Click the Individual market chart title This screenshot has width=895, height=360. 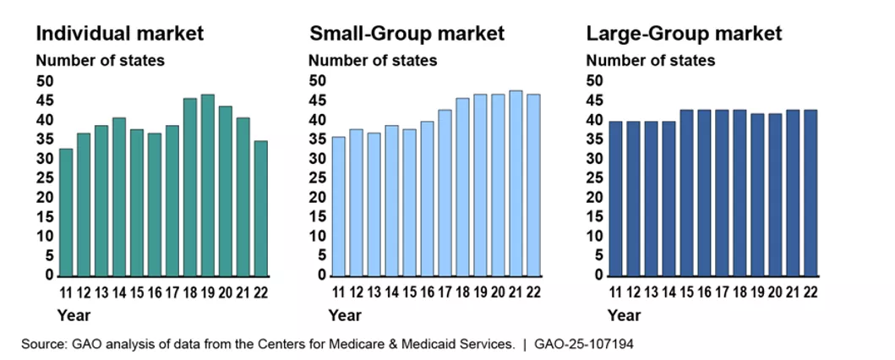119,34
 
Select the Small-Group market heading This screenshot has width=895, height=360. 407,34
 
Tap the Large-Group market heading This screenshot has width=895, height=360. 685,34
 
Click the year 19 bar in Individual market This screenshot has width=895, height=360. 207,185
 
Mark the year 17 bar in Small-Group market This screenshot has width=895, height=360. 445,193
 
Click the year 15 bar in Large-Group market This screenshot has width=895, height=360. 687,193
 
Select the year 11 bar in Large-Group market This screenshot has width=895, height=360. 616,199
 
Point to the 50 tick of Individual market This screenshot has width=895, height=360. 44,81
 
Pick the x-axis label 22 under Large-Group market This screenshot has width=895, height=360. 811,292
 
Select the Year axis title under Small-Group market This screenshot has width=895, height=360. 345,316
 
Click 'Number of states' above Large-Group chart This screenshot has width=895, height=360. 650,61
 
